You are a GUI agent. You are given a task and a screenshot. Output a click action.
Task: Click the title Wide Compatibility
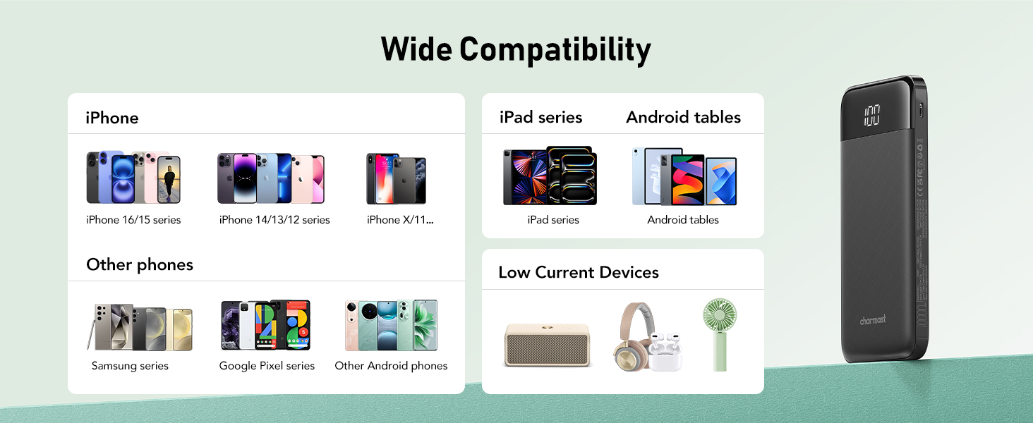pos(516,50)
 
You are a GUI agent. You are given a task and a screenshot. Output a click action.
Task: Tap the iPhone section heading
pos(112,118)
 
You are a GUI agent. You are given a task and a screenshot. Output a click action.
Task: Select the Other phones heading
pos(140,264)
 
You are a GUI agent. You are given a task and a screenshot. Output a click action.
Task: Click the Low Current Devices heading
pos(579,272)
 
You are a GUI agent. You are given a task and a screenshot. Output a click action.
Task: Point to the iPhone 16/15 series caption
pos(133,220)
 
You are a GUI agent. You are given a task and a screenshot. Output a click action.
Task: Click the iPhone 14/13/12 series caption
pos(274,220)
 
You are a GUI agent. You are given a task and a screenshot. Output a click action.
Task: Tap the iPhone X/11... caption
pos(400,220)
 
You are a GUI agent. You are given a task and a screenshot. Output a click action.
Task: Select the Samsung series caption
pos(130,366)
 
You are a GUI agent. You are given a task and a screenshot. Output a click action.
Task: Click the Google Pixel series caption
pos(267,366)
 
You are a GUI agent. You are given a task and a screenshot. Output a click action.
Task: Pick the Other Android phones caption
pos(391,366)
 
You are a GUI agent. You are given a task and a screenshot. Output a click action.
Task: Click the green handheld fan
pos(720,333)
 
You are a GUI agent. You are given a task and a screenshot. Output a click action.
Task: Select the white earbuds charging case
pos(665,352)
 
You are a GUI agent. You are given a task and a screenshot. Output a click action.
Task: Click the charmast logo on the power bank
pos(872,320)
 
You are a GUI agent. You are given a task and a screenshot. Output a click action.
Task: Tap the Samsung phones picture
pos(140,327)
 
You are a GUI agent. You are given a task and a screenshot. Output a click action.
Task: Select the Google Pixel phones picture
pos(266,325)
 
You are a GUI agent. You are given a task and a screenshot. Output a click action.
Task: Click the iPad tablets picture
pos(550,176)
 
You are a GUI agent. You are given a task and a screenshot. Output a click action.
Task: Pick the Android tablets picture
pos(684,176)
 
